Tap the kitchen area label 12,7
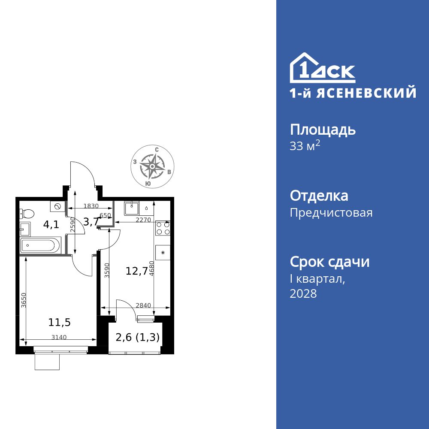[x=137, y=271]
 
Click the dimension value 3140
[x=59, y=337]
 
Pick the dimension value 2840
[x=143, y=305]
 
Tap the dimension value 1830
[x=91, y=206]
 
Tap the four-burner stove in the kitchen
[x=163, y=227]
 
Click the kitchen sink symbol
[x=131, y=208]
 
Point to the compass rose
[x=152, y=166]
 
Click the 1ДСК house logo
[x=322, y=68]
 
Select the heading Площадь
[x=323, y=129]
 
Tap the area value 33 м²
[x=305, y=146]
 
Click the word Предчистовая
[x=331, y=213]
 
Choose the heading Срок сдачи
[x=329, y=262]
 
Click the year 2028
[x=303, y=293]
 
